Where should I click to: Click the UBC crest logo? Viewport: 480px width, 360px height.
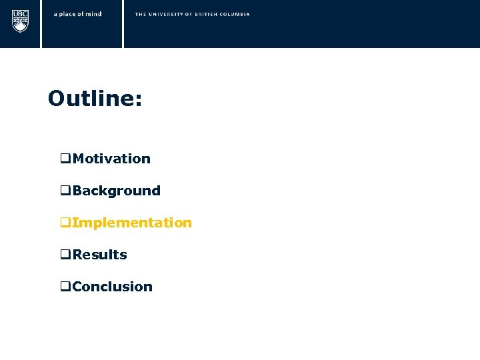tap(20, 21)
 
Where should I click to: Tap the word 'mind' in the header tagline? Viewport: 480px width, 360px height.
tap(94, 14)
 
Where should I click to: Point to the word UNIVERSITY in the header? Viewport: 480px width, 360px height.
tap(167, 14)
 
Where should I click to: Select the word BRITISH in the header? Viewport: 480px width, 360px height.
tap(208, 14)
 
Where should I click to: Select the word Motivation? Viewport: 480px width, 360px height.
tap(111, 159)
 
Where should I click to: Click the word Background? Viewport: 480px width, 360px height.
tap(117, 191)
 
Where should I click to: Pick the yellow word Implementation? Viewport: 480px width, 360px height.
tap(131, 223)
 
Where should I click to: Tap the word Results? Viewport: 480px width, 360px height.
tap(99, 255)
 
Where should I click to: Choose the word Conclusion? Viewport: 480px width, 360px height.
tap(112, 287)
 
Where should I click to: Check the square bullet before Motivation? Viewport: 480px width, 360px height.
tap(65, 159)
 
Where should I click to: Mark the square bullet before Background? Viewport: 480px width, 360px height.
tap(65, 191)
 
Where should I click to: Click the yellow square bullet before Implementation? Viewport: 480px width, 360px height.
tap(65, 223)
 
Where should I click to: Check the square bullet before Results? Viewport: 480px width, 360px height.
tap(65, 255)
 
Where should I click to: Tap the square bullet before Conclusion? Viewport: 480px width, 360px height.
tap(65, 287)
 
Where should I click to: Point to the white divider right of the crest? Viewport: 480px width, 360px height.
tap(41, 24)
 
